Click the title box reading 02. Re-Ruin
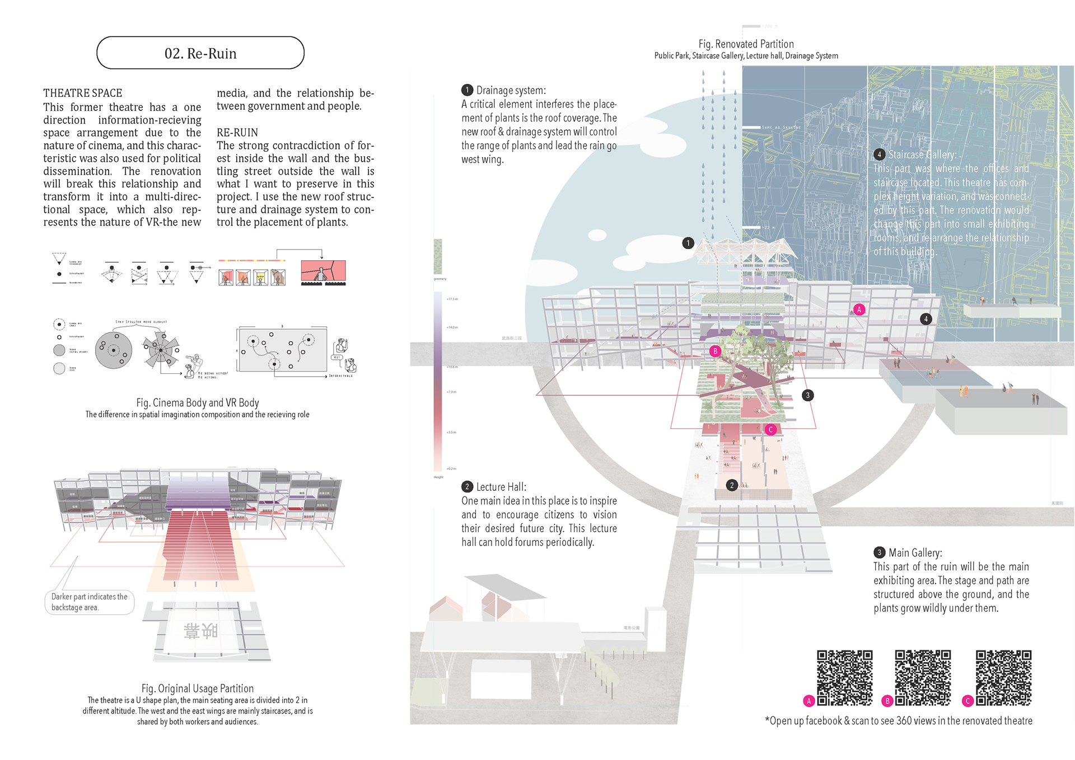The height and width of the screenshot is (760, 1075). [200, 53]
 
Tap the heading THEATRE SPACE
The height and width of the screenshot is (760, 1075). [83, 93]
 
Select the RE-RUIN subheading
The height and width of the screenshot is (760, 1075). [237, 133]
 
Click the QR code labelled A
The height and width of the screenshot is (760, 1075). [844, 677]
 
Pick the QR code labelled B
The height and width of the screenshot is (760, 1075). [923, 677]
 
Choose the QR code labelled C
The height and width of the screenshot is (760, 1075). [1003, 677]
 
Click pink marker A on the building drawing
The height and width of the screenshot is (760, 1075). [859, 309]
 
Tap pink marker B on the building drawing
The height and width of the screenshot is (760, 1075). [715, 351]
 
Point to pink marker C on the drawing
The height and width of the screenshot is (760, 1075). [770, 430]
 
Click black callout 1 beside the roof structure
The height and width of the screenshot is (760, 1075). [688, 243]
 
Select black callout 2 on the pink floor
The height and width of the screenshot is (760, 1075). [732, 485]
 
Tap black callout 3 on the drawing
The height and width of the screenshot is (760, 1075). [807, 395]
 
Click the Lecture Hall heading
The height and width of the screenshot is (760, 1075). [501, 487]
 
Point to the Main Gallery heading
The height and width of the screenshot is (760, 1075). [915, 553]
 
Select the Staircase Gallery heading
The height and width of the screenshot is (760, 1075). [922, 154]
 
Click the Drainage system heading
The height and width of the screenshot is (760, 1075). [510, 90]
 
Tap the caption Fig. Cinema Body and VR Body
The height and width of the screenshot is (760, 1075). [197, 402]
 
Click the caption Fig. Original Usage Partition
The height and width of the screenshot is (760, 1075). [197, 688]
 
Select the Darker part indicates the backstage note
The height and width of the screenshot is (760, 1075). [90, 602]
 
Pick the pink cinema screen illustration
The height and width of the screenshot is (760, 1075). [323, 271]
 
